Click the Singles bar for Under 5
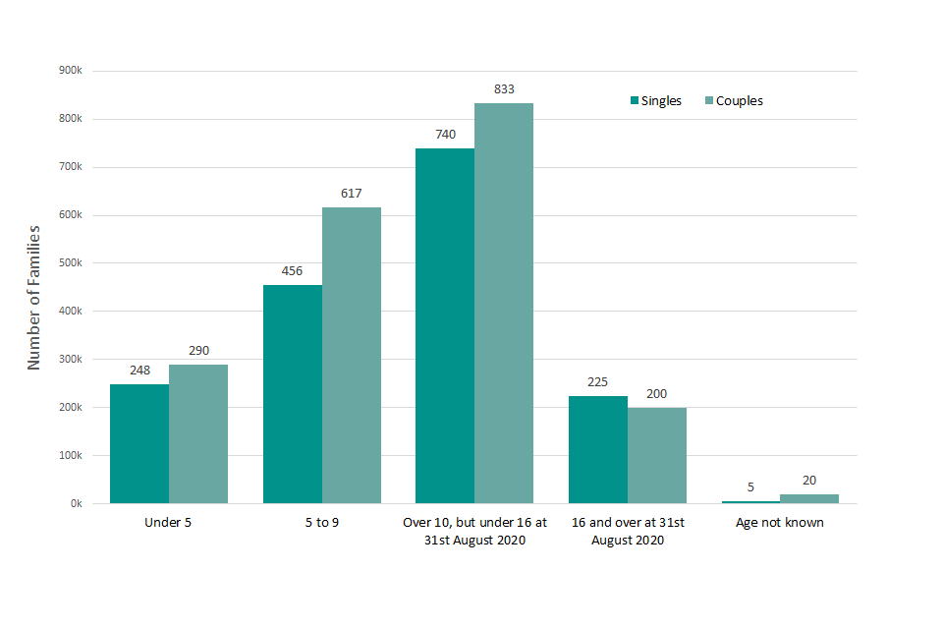[x=139, y=443]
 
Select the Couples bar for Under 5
[x=198, y=433]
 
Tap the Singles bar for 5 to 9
[x=293, y=393]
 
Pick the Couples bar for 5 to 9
[x=352, y=355]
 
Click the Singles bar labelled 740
[x=445, y=325]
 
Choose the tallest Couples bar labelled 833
[x=504, y=303]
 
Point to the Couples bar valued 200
[x=657, y=455]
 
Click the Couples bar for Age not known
[x=809, y=498]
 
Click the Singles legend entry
[x=656, y=101]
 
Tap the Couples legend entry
[x=732, y=101]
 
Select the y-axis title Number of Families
[x=34, y=297]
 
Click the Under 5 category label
[x=168, y=523]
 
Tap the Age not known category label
[x=780, y=523]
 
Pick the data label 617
[x=352, y=194]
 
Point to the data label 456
[x=293, y=270]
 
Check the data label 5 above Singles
[x=750, y=486]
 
